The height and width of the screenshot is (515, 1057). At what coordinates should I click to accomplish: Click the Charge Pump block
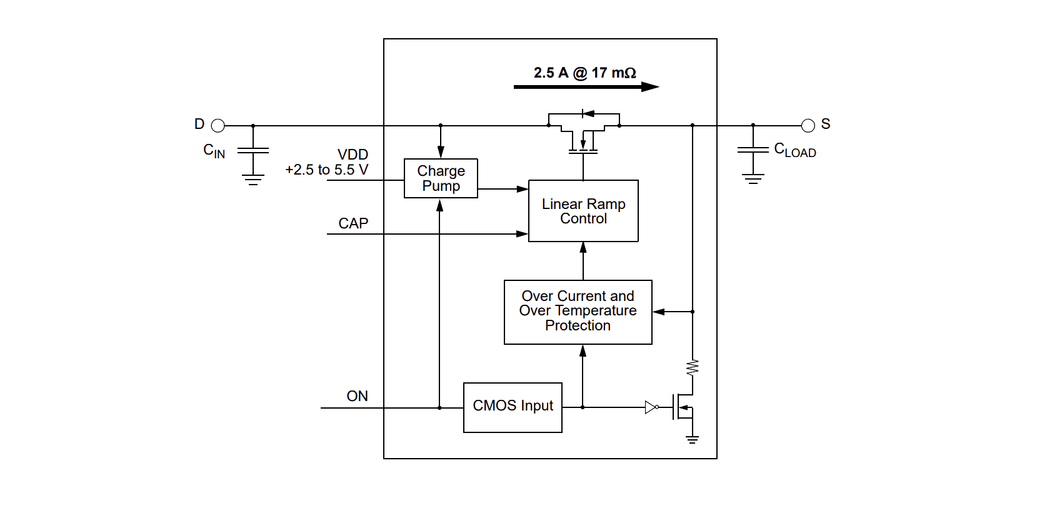tap(441, 178)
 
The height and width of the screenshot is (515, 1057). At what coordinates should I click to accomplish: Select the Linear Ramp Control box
tap(583, 211)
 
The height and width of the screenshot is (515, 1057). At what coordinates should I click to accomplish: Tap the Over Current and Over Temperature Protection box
tap(578, 312)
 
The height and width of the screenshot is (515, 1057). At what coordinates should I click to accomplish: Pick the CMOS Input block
tap(513, 407)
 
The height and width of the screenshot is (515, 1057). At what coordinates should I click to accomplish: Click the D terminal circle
tap(218, 126)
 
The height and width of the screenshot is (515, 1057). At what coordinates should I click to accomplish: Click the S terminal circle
tap(808, 126)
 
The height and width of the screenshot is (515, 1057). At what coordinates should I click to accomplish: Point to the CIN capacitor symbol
tap(253, 150)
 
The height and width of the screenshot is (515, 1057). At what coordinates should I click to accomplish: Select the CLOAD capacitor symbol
tap(753, 150)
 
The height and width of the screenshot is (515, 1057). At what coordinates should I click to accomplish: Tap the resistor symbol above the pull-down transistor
tap(692, 367)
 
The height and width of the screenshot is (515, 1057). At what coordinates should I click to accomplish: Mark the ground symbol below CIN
tap(253, 180)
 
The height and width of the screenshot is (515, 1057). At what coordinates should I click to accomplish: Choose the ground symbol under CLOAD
tap(753, 178)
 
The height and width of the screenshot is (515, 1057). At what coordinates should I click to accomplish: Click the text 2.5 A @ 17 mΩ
tap(584, 73)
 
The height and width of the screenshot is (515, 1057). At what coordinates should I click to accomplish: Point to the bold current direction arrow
tap(586, 87)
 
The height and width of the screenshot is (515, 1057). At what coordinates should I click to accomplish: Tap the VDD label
tap(353, 155)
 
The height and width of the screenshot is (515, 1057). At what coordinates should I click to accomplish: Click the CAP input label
tap(353, 223)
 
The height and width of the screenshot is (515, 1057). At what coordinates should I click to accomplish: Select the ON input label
tap(357, 396)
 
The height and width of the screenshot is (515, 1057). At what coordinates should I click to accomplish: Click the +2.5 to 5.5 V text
tap(326, 170)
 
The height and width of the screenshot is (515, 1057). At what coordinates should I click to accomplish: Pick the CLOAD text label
tap(795, 150)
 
